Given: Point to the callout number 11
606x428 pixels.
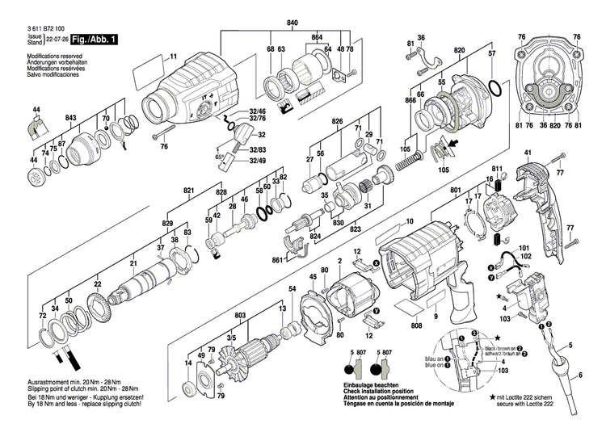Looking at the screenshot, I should pyautogui.click(x=172, y=56).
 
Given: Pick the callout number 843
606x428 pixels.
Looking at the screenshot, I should pyautogui.click(x=71, y=119).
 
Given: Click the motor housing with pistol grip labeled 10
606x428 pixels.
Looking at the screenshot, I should pyautogui.click(x=424, y=258).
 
